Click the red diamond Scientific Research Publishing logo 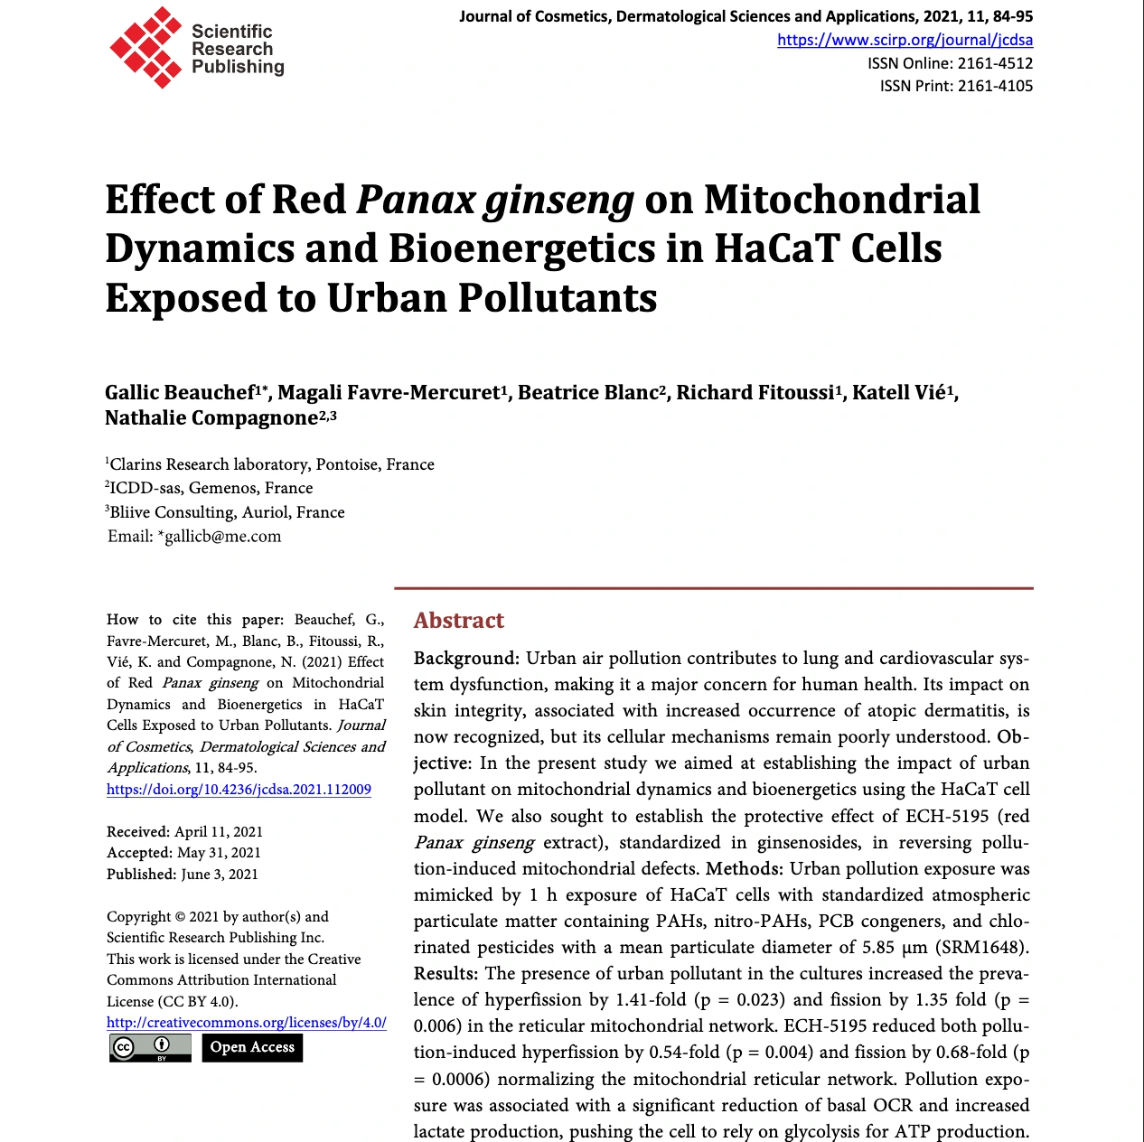(145, 48)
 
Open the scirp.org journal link (905, 40)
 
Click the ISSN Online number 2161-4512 (995, 63)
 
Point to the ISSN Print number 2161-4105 (995, 86)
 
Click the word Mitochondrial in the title (841, 200)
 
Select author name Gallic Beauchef (180, 393)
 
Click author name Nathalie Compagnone (211, 418)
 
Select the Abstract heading (458, 621)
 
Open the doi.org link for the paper (239, 790)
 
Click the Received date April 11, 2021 (218, 832)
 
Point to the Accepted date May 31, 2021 (219, 853)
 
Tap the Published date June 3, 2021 (220, 875)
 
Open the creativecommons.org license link (246, 1023)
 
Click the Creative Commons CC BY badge (150, 1048)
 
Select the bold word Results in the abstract (445, 974)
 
